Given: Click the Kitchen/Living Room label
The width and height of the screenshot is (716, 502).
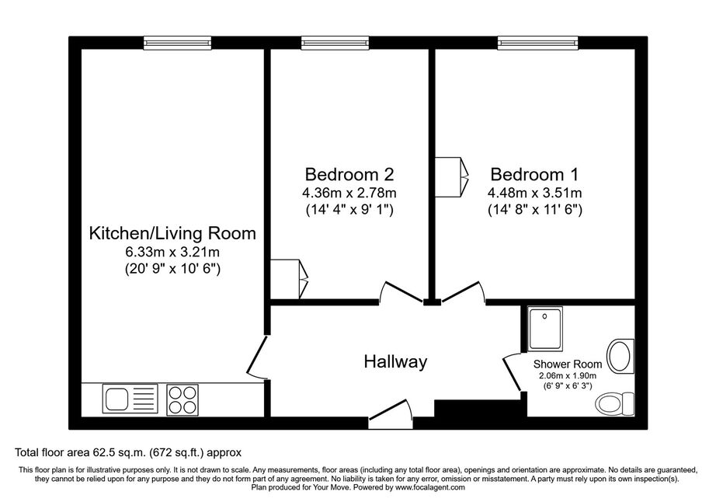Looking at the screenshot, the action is tap(172, 233).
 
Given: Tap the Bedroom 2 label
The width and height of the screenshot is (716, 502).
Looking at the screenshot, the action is tap(349, 175).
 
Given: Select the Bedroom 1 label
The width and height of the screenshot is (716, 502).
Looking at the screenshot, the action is tap(534, 175).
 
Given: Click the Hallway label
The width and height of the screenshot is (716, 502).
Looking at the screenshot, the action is tap(395, 362).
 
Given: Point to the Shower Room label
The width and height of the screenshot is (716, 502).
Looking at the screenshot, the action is tap(568, 364).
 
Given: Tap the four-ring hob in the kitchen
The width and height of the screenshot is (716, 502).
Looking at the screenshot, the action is tap(182, 399).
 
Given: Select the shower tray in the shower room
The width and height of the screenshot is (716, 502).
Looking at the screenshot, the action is tap(545, 329).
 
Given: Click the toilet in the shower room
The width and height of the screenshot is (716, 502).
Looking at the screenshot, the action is tap(614, 403).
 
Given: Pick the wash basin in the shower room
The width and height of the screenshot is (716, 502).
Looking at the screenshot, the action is tap(620, 355).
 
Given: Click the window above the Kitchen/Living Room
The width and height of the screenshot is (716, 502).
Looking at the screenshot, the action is tap(178, 43).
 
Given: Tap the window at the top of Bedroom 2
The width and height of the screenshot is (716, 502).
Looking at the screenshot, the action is tap(335, 43).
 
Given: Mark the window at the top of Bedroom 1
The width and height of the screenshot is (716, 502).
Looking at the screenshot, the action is tap(538, 43).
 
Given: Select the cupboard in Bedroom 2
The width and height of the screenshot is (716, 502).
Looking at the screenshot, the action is tap(290, 279).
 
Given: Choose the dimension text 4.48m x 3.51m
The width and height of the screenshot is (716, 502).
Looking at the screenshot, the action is tap(535, 193).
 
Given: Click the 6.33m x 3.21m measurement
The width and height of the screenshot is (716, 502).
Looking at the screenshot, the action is tap(172, 252).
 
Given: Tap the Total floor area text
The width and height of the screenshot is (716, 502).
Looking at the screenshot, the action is tap(128, 453).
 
